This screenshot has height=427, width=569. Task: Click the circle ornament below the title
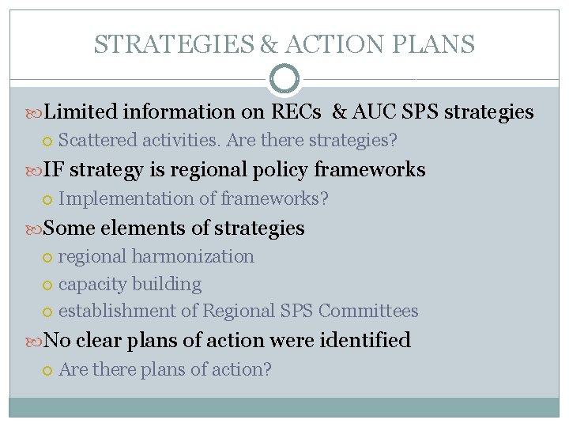[284, 79]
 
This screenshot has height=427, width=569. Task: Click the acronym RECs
[296, 112]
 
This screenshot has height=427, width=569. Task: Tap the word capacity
[91, 284]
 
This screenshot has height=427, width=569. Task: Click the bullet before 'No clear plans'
[35, 341]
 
